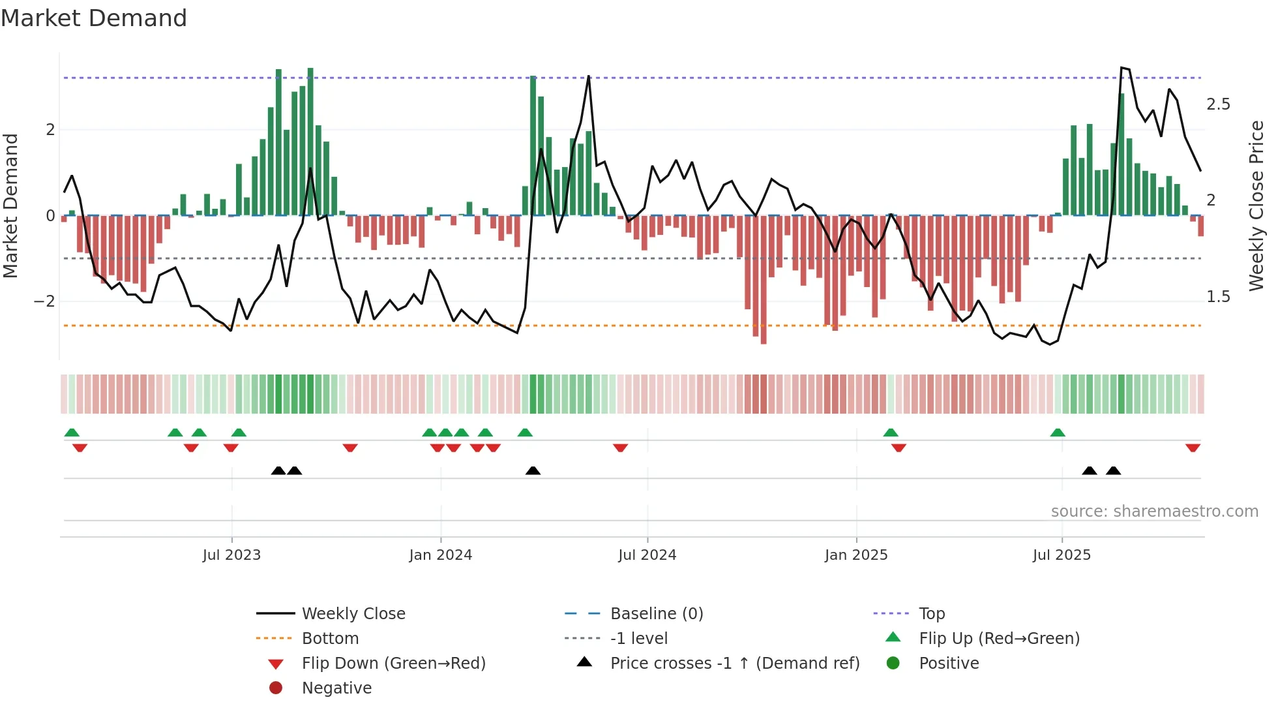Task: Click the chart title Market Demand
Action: [x=94, y=18]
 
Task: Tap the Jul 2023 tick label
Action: [x=231, y=555]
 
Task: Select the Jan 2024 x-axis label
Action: [x=441, y=555]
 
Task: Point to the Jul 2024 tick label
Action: [x=647, y=555]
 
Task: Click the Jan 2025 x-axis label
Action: [x=856, y=555]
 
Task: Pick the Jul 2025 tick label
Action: [x=1062, y=555]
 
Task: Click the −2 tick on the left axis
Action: [x=44, y=301]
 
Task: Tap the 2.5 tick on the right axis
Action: [x=1218, y=104]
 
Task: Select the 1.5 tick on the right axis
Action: [x=1218, y=297]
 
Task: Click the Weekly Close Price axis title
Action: [x=1256, y=206]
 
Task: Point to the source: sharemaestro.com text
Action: [x=1154, y=512]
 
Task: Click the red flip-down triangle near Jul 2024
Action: [x=620, y=448]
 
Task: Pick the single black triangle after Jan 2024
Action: [x=533, y=471]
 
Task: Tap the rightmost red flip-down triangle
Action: [x=1193, y=448]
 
